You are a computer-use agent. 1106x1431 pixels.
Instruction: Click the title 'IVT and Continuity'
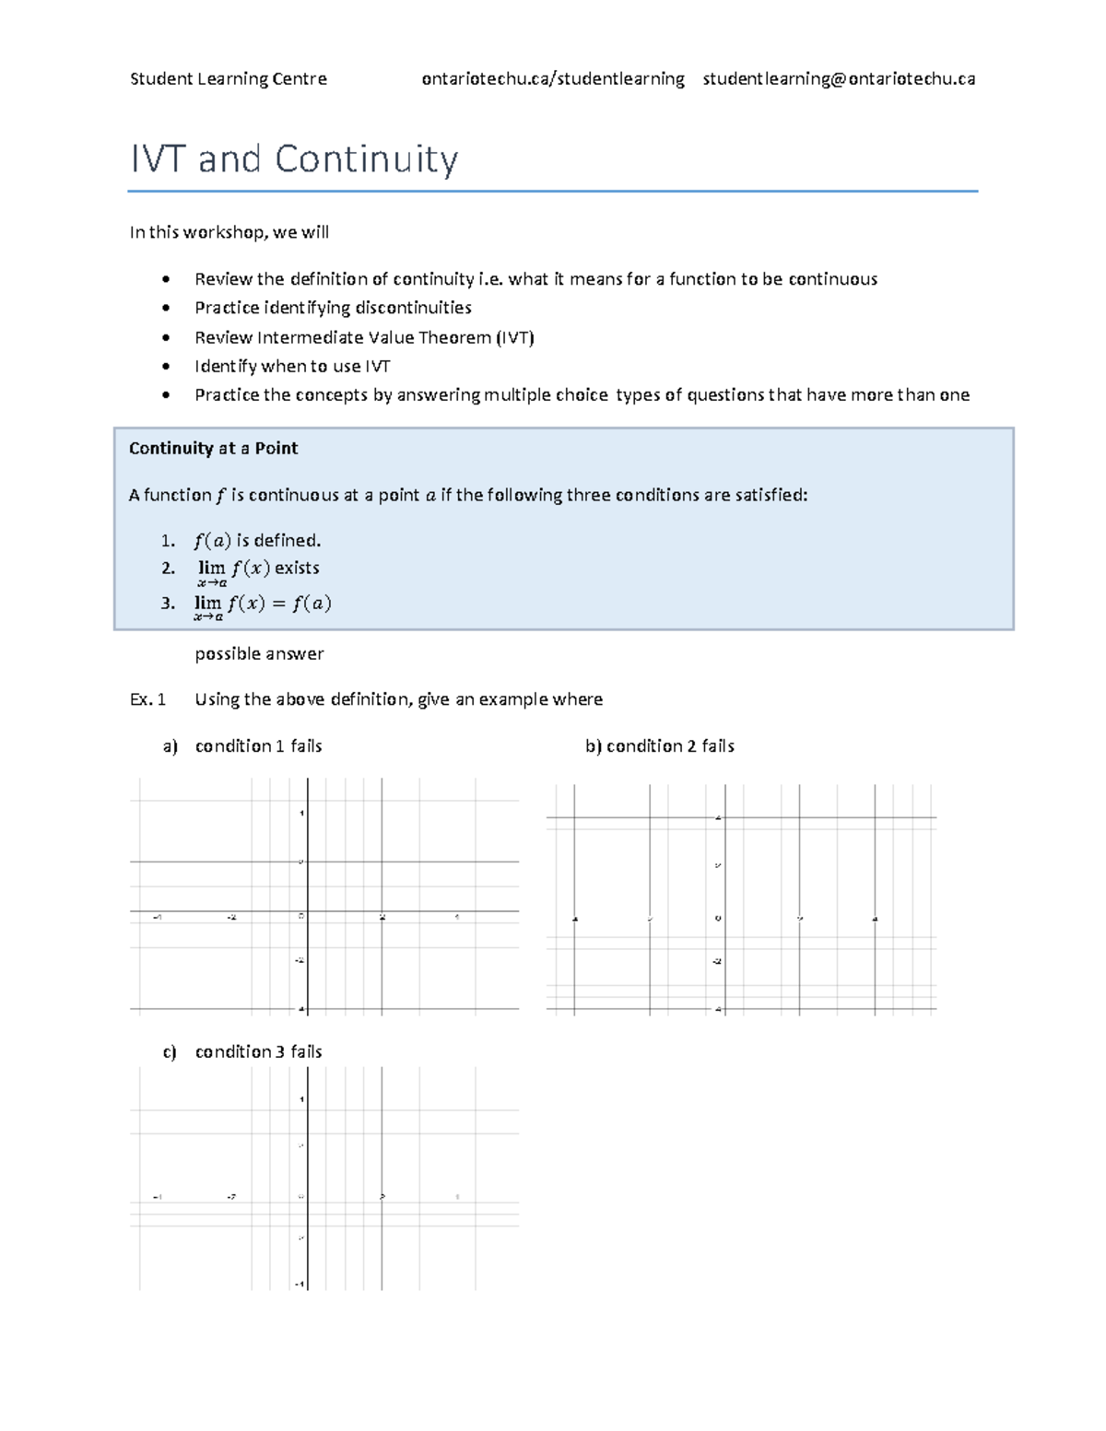tap(294, 159)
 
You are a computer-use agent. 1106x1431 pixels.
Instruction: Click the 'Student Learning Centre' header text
tap(229, 79)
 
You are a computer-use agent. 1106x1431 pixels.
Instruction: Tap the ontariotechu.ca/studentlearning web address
tap(553, 79)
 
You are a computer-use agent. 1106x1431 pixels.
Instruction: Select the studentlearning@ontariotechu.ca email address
tap(839, 79)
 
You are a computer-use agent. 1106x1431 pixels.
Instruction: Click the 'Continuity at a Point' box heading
tap(213, 449)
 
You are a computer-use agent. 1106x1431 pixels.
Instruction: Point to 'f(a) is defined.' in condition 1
tap(257, 541)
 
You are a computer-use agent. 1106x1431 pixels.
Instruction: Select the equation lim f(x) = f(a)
tap(263, 604)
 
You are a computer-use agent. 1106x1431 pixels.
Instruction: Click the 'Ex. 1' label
tap(147, 699)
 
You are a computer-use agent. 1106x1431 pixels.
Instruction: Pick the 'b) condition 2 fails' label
tap(660, 746)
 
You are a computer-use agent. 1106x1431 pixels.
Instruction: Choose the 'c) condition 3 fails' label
tap(244, 1052)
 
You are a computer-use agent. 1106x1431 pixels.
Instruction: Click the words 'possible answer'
tap(259, 654)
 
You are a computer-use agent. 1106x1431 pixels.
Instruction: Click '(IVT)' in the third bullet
tap(515, 338)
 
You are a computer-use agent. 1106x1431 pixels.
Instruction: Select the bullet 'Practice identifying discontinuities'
tap(333, 308)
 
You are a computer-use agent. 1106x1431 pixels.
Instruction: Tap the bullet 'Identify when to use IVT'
tap(292, 367)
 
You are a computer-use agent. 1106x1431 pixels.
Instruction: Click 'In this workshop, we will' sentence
tap(229, 232)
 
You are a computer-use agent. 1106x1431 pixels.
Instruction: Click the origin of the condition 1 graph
tap(307, 912)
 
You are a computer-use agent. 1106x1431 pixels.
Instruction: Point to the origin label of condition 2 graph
tap(718, 918)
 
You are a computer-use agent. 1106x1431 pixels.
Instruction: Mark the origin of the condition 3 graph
tap(307, 1197)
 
